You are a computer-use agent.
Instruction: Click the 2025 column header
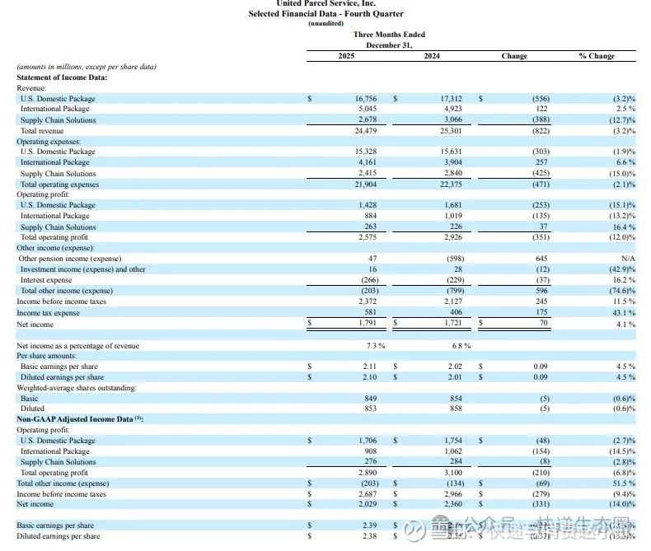(x=347, y=56)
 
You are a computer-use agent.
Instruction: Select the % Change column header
(x=597, y=56)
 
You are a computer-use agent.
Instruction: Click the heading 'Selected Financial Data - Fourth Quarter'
(x=325, y=14)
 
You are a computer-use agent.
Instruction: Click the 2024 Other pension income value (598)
(x=452, y=259)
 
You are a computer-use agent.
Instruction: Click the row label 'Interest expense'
(x=46, y=280)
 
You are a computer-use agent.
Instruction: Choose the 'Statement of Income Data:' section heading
(x=62, y=77)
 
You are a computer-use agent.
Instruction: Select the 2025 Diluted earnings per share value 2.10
(x=368, y=377)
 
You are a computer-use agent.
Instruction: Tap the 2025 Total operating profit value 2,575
(x=366, y=237)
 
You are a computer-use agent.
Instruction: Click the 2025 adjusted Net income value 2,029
(x=366, y=504)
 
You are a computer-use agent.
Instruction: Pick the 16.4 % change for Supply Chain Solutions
(x=622, y=226)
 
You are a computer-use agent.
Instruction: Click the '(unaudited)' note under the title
(x=325, y=23)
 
